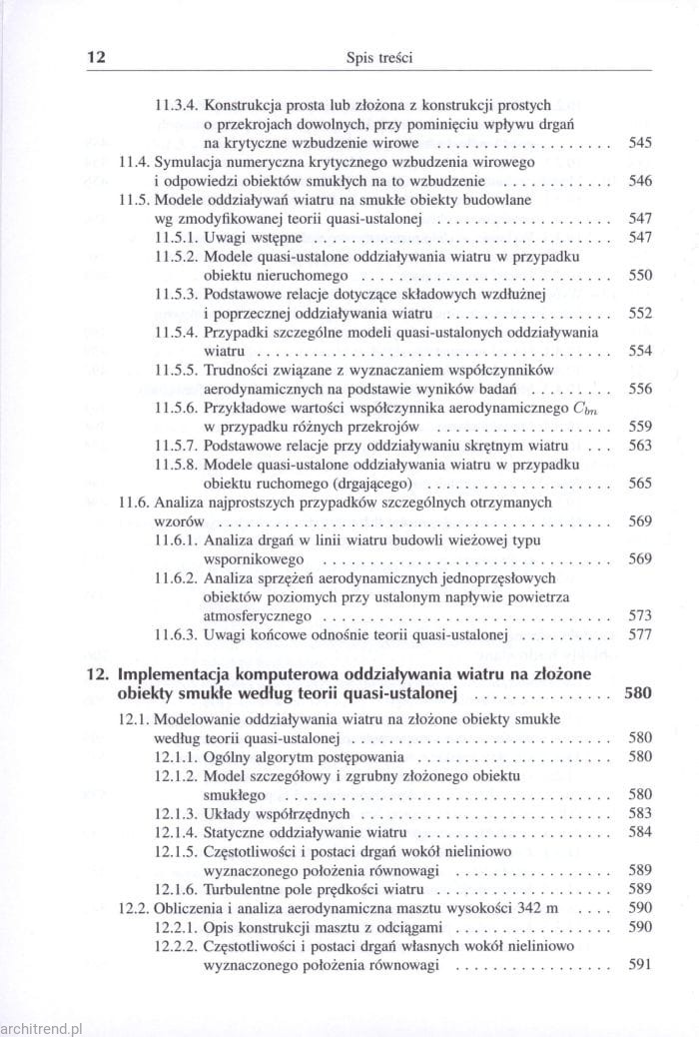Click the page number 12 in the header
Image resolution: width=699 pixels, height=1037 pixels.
tap(97, 58)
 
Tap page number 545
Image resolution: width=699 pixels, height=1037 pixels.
tap(639, 143)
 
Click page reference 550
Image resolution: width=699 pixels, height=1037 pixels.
tap(639, 275)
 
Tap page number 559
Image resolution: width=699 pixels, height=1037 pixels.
tap(639, 426)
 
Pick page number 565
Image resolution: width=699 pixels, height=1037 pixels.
tap(639, 483)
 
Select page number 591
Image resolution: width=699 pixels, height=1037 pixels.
tap(639, 965)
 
